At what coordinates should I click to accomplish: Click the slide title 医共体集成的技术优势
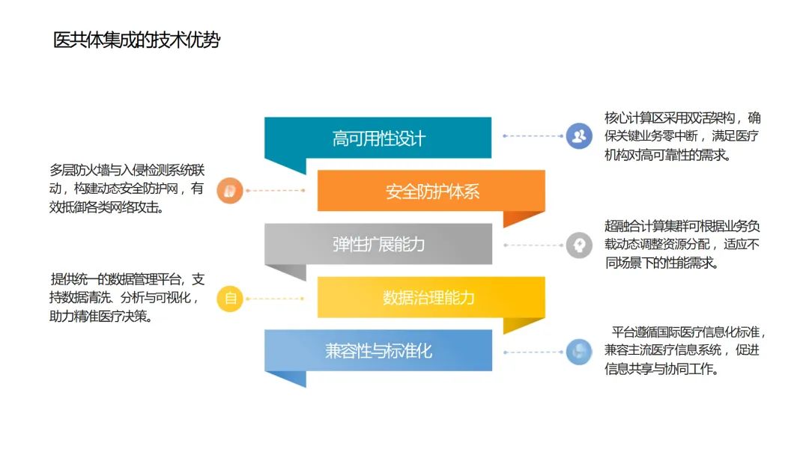(137, 40)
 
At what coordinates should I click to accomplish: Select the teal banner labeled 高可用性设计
(378, 138)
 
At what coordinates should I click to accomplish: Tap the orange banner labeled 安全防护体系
(431, 192)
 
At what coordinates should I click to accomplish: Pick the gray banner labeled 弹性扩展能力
(378, 245)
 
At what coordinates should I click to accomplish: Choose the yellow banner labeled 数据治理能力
(431, 298)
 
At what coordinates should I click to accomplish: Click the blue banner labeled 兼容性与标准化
(378, 350)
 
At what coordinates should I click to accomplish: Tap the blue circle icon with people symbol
(578, 136)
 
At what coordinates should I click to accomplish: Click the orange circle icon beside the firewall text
(230, 190)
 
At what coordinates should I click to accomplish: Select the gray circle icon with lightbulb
(578, 245)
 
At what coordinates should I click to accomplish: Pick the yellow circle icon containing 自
(230, 299)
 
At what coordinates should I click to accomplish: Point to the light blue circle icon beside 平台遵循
(578, 351)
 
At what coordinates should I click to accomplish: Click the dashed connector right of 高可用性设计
(533, 136)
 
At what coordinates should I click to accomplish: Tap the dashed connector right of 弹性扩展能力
(533, 245)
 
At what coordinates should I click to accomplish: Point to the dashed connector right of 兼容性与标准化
(533, 351)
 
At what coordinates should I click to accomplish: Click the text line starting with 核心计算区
(682, 118)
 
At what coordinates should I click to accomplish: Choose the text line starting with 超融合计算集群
(682, 226)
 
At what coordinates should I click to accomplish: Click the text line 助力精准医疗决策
(101, 316)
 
